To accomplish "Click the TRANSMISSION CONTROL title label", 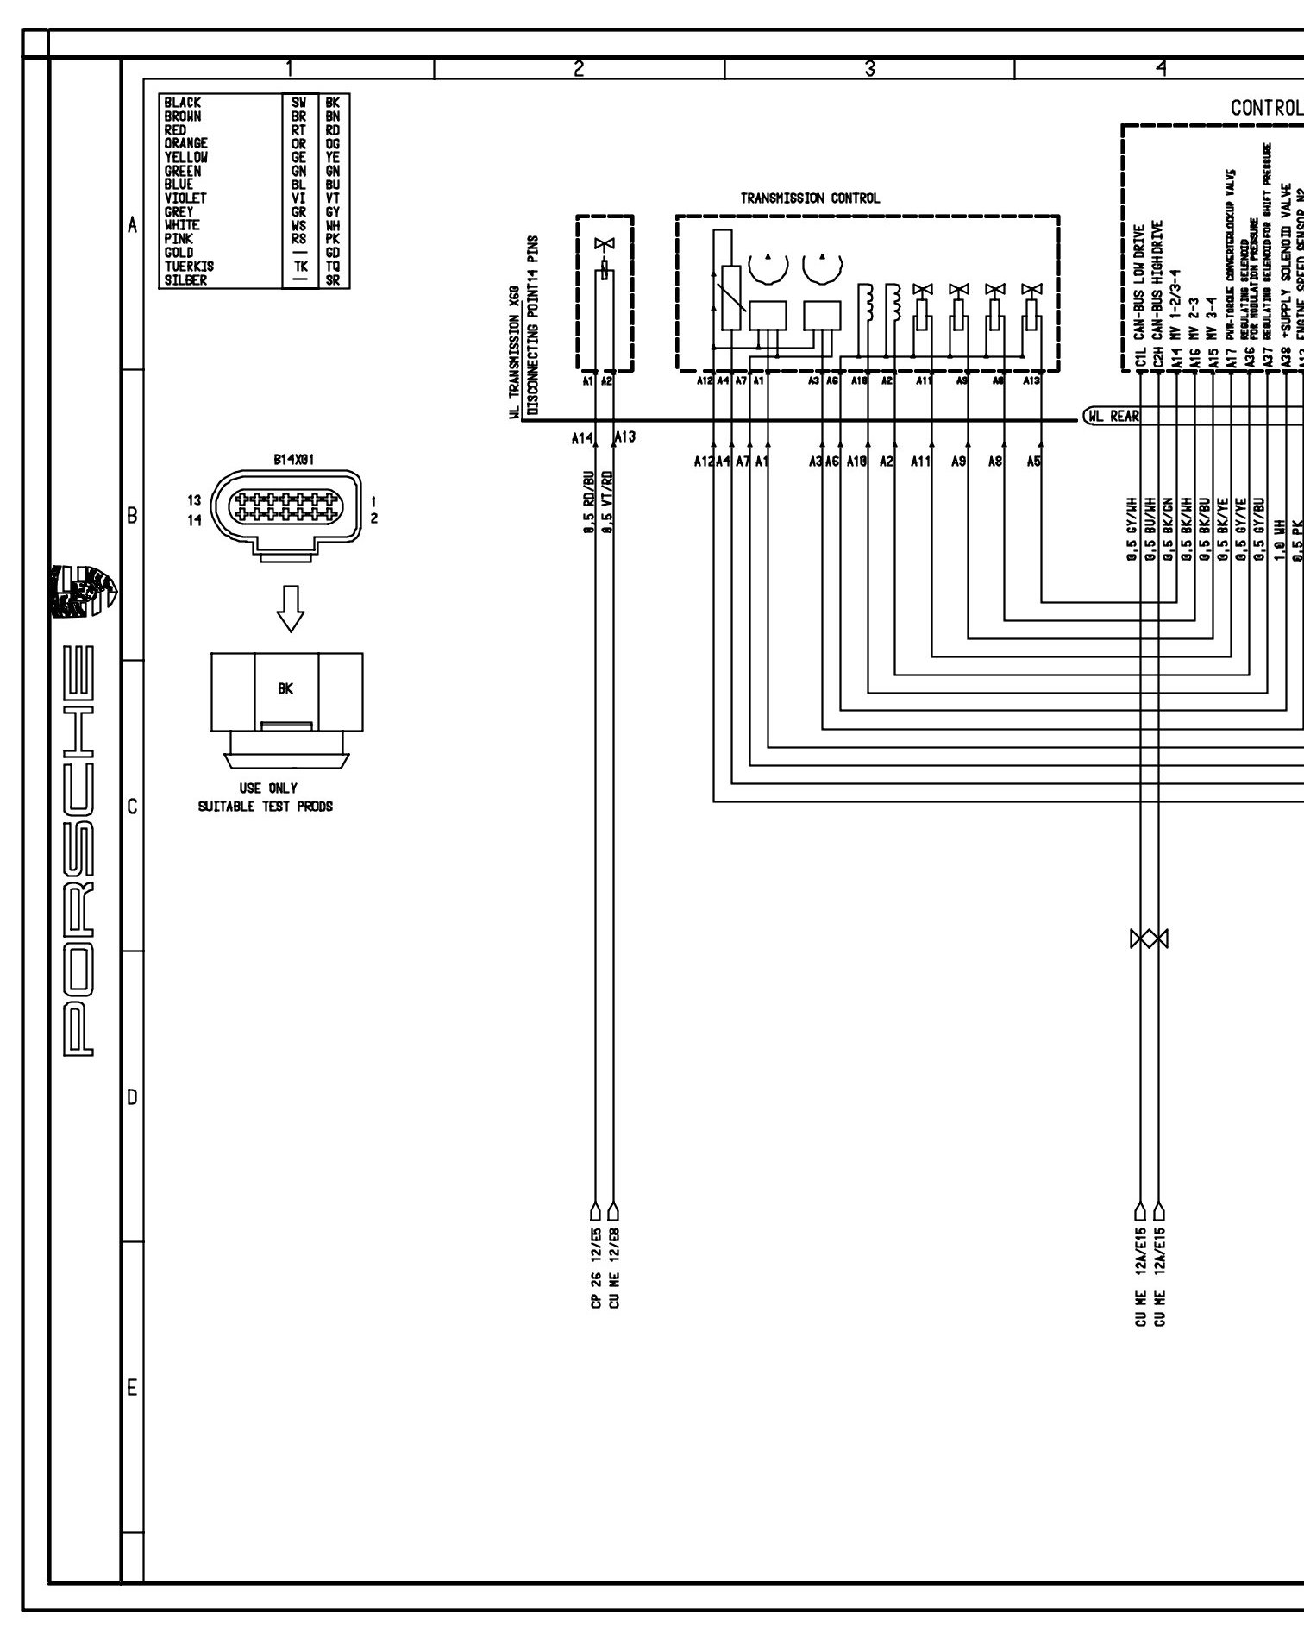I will click(x=810, y=198).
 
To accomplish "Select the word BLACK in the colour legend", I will click(x=182, y=103).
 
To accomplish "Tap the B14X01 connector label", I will click(x=293, y=460).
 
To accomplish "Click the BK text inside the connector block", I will click(x=285, y=689).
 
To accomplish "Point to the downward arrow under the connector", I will click(x=290, y=609).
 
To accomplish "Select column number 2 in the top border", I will click(x=579, y=68).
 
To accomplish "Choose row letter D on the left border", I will click(x=132, y=1098).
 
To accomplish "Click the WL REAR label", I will click(x=1113, y=417).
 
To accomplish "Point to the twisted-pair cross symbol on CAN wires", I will click(x=1149, y=939).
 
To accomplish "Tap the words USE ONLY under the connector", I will click(x=267, y=788).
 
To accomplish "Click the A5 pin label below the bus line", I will click(x=1033, y=462).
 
